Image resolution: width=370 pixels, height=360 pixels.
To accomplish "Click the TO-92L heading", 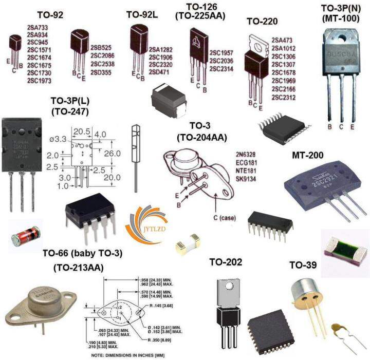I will click(x=142, y=14).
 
